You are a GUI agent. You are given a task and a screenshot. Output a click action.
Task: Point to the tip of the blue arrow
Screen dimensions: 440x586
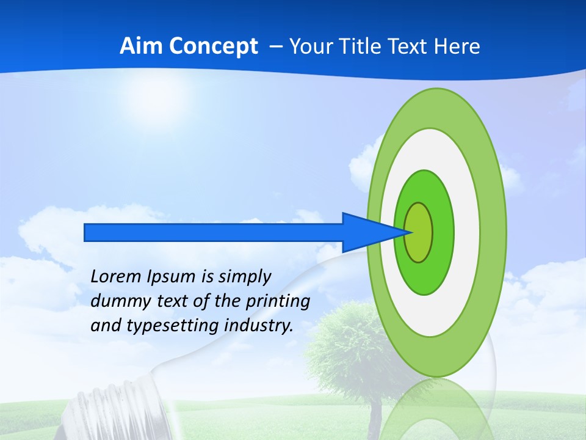pyautogui.click(x=411, y=232)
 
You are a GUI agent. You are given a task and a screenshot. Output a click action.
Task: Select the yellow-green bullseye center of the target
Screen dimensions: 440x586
pyautogui.click(x=419, y=232)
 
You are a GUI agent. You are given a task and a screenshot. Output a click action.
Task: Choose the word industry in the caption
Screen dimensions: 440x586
pyautogui.click(x=259, y=325)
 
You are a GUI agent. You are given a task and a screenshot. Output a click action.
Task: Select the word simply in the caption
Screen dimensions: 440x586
pyautogui.click(x=244, y=277)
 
